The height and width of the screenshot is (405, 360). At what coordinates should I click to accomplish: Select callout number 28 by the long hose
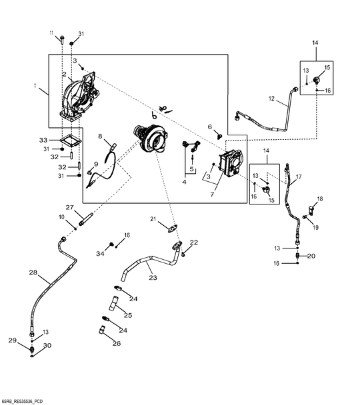click(x=33, y=272)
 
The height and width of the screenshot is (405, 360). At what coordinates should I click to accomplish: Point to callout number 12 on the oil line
click(x=272, y=99)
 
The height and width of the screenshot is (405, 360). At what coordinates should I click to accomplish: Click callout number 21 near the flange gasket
click(x=152, y=219)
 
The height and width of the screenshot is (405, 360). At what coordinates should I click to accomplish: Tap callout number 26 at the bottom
click(x=117, y=344)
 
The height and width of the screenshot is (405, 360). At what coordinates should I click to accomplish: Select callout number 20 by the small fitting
click(x=311, y=255)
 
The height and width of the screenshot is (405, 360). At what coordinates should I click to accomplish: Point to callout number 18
click(x=319, y=199)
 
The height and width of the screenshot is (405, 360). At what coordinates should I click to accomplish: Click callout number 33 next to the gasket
click(x=43, y=140)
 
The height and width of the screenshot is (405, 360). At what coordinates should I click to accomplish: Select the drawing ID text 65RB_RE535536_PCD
click(x=25, y=401)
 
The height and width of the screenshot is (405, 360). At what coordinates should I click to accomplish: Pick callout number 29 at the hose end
click(x=12, y=340)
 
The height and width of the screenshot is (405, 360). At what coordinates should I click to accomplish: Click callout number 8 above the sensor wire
click(x=100, y=137)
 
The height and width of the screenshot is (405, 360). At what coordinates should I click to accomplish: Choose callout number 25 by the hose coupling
click(x=128, y=314)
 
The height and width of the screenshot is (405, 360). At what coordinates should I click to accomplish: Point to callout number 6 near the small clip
click(x=209, y=127)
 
